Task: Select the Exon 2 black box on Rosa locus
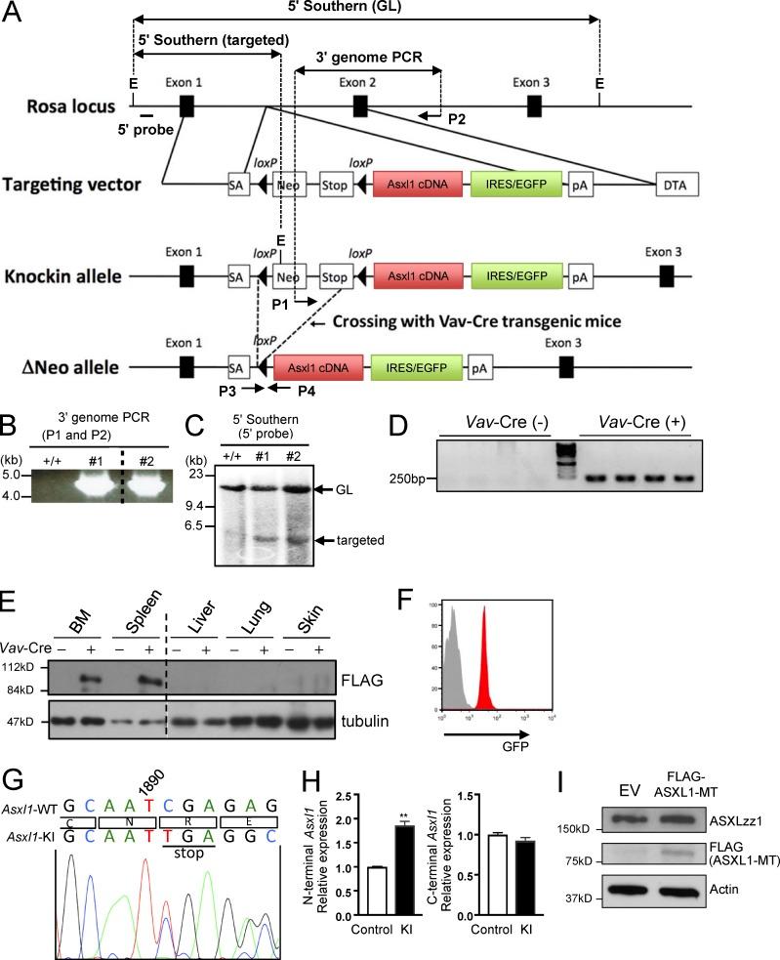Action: [360, 105]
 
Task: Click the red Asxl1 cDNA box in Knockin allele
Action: [417, 276]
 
